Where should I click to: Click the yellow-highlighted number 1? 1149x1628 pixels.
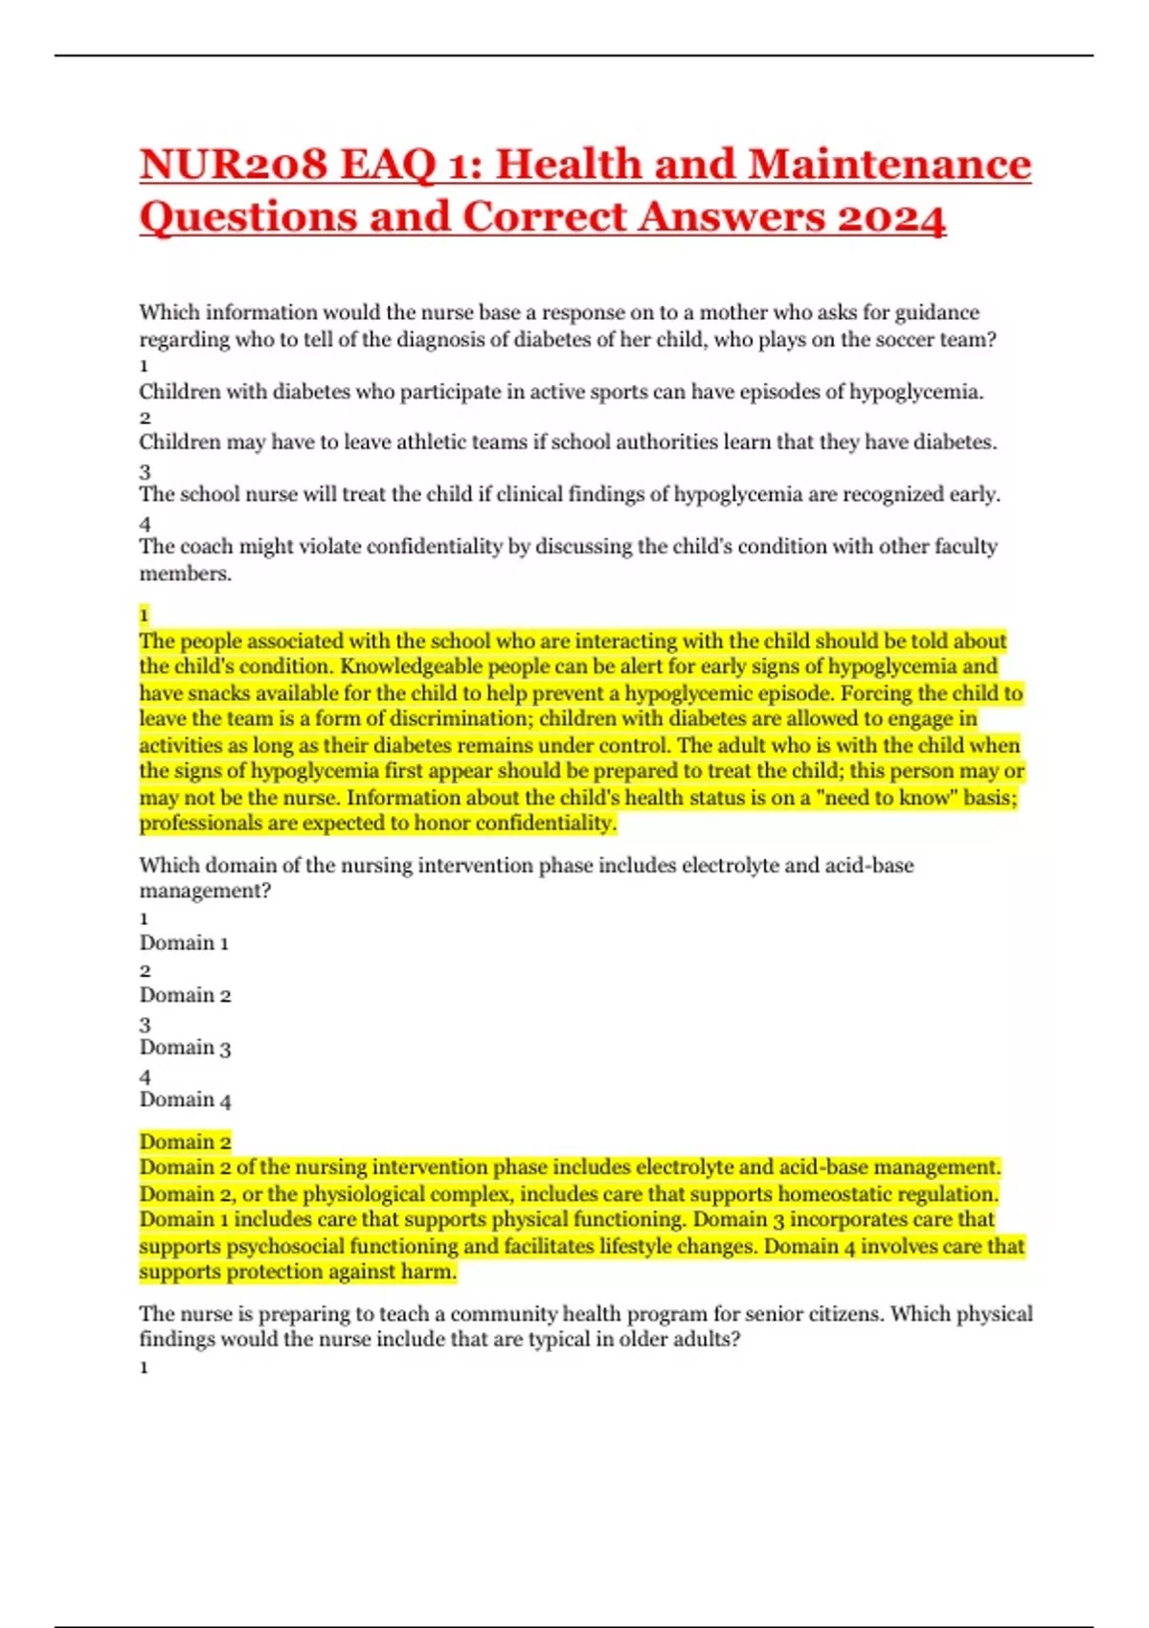[x=145, y=615]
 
